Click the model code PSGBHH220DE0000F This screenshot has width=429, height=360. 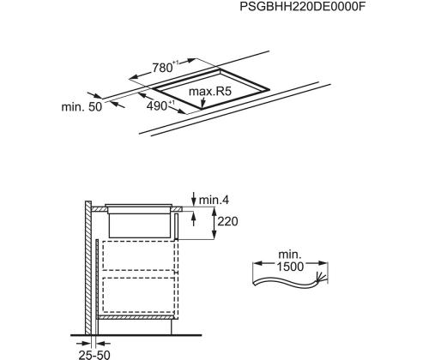[x=303, y=7]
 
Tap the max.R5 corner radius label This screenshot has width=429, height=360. [x=210, y=92]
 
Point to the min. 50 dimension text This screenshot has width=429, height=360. [x=82, y=107]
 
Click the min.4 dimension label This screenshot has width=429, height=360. [x=214, y=200]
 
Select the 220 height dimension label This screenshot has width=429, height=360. [x=227, y=221]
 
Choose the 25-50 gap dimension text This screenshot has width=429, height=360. [x=94, y=355]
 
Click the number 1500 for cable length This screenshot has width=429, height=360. [x=290, y=267]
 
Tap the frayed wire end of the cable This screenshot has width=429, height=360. [x=321, y=278]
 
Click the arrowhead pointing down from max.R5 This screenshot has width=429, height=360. [x=202, y=105]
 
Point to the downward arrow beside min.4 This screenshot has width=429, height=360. [x=194, y=199]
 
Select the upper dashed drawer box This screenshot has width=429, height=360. [x=138, y=255]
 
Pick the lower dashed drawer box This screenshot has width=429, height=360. [x=138, y=295]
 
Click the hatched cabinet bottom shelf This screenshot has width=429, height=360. [x=135, y=317]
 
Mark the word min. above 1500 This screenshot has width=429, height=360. [x=290, y=255]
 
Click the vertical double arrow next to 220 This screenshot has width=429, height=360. [x=214, y=224]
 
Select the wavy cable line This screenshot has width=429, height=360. [x=286, y=282]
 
